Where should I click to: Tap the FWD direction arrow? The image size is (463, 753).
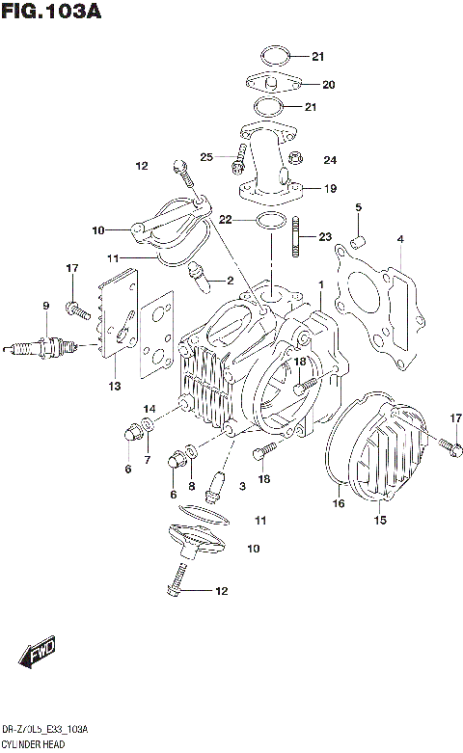click(39, 651)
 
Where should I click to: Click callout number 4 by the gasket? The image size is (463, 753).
click(400, 239)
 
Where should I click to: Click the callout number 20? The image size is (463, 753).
click(328, 85)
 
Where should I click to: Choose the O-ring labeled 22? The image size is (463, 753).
click(271, 223)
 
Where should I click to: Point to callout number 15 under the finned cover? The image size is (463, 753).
click(380, 522)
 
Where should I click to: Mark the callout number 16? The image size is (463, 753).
click(339, 503)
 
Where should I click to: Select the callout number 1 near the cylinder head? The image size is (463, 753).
click(320, 286)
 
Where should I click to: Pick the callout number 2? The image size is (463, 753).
click(230, 281)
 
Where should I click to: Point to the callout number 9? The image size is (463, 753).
click(44, 307)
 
